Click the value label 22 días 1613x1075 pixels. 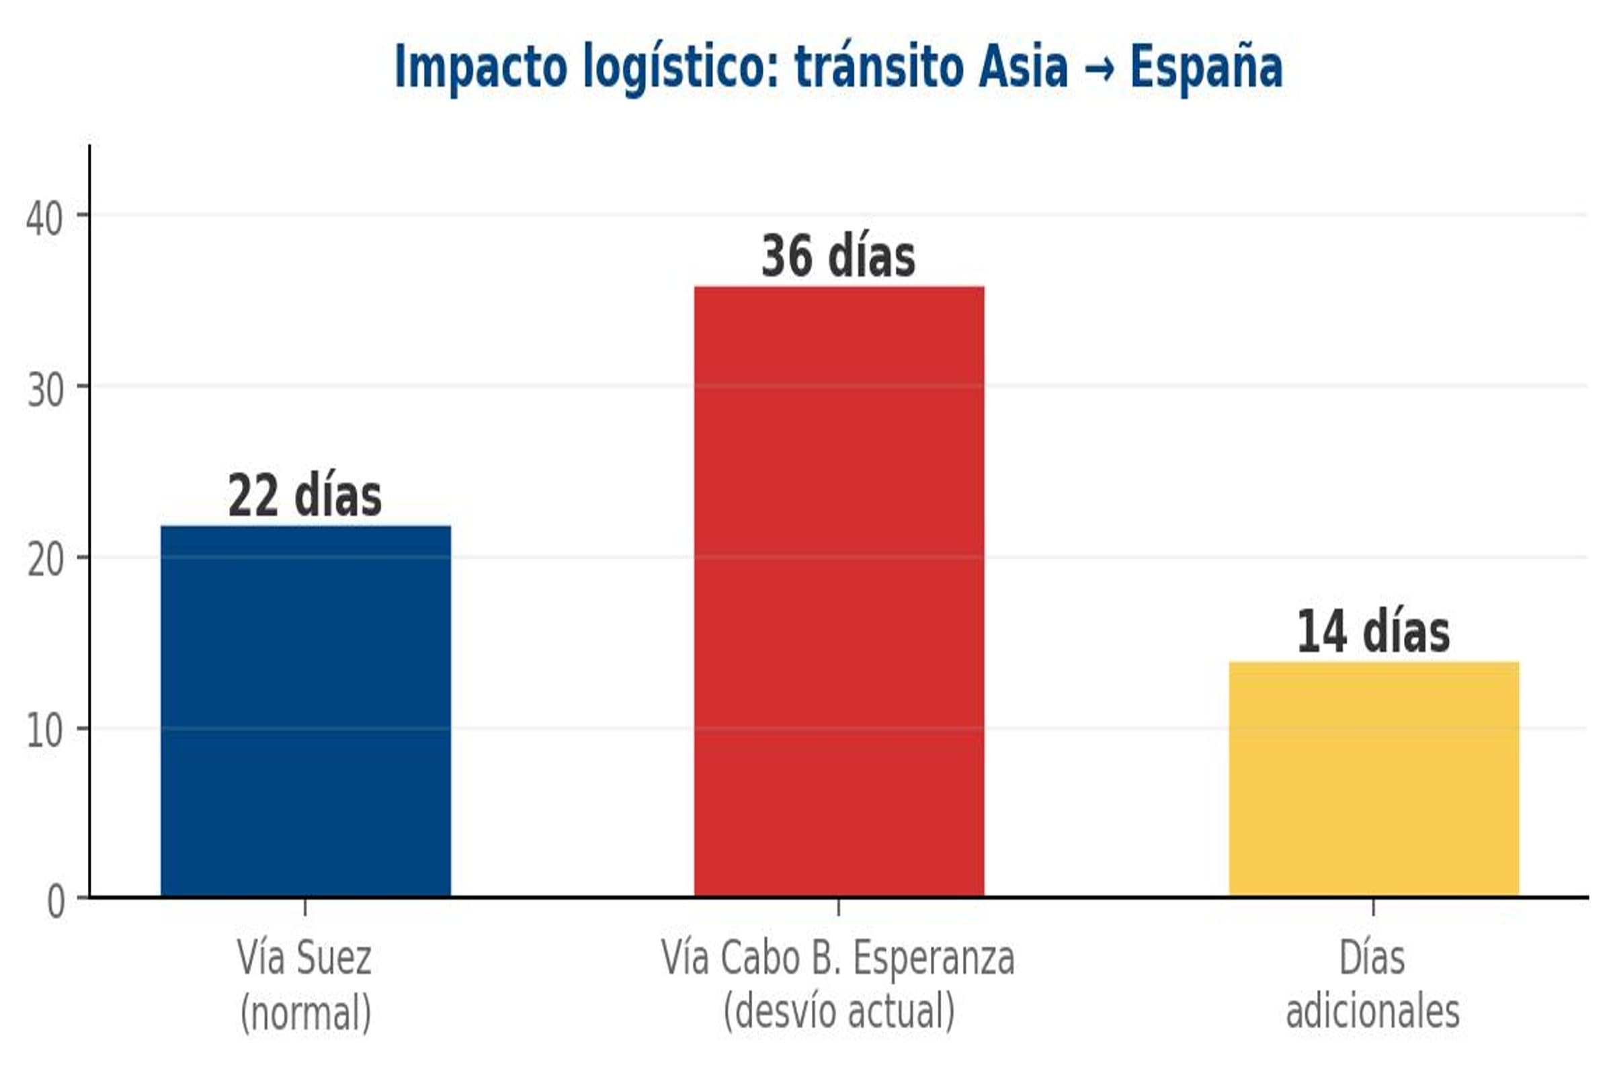[x=305, y=496]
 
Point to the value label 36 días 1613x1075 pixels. [x=838, y=257]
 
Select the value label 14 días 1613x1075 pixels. [x=1373, y=632]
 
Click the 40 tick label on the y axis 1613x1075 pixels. [x=44, y=220]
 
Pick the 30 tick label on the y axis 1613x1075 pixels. [x=45, y=390]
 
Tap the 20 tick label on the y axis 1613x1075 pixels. [x=45, y=560]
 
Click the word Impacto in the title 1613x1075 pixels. [x=481, y=67]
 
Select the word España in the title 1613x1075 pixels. [x=1206, y=67]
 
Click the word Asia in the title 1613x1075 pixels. [x=1023, y=67]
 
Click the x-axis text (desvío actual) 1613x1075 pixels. [x=839, y=1010]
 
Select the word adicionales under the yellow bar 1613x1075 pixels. [x=1373, y=1011]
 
